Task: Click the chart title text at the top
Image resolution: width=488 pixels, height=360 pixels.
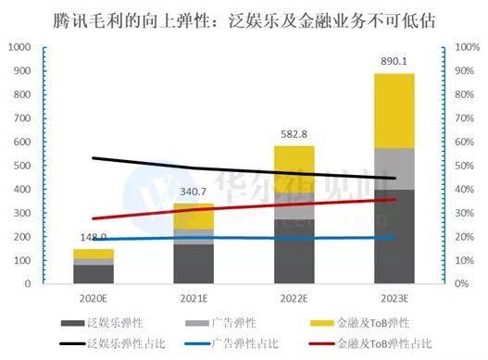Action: [x=244, y=18]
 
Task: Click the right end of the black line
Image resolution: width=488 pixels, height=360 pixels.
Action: [x=394, y=178]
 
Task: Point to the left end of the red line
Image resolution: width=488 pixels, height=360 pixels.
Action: [x=94, y=218]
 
